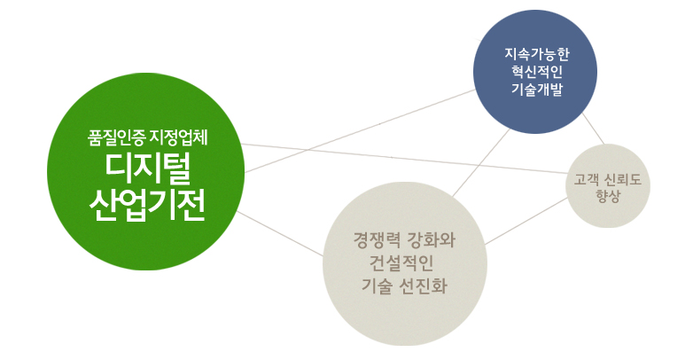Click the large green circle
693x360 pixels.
(x=146, y=172)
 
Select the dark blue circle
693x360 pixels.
(x=535, y=72)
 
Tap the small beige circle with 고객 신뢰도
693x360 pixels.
(x=608, y=186)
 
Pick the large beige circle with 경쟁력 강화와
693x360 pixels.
(x=405, y=264)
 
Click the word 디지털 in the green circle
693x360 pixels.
(x=148, y=169)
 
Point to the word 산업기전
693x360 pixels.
(x=147, y=207)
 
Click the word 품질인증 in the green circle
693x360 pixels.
(x=116, y=138)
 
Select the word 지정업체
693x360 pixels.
(x=179, y=138)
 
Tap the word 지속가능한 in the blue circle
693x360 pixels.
(x=537, y=54)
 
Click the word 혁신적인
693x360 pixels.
(x=537, y=72)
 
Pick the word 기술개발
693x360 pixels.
(x=537, y=89)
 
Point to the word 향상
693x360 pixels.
(x=608, y=196)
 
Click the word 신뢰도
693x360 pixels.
(x=623, y=180)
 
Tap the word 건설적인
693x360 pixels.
(x=401, y=263)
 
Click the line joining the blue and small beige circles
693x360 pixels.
(x=593, y=129)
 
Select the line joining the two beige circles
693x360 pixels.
(x=526, y=221)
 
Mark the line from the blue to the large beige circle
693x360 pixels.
(x=481, y=163)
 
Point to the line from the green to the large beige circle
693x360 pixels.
(x=280, y=234)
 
